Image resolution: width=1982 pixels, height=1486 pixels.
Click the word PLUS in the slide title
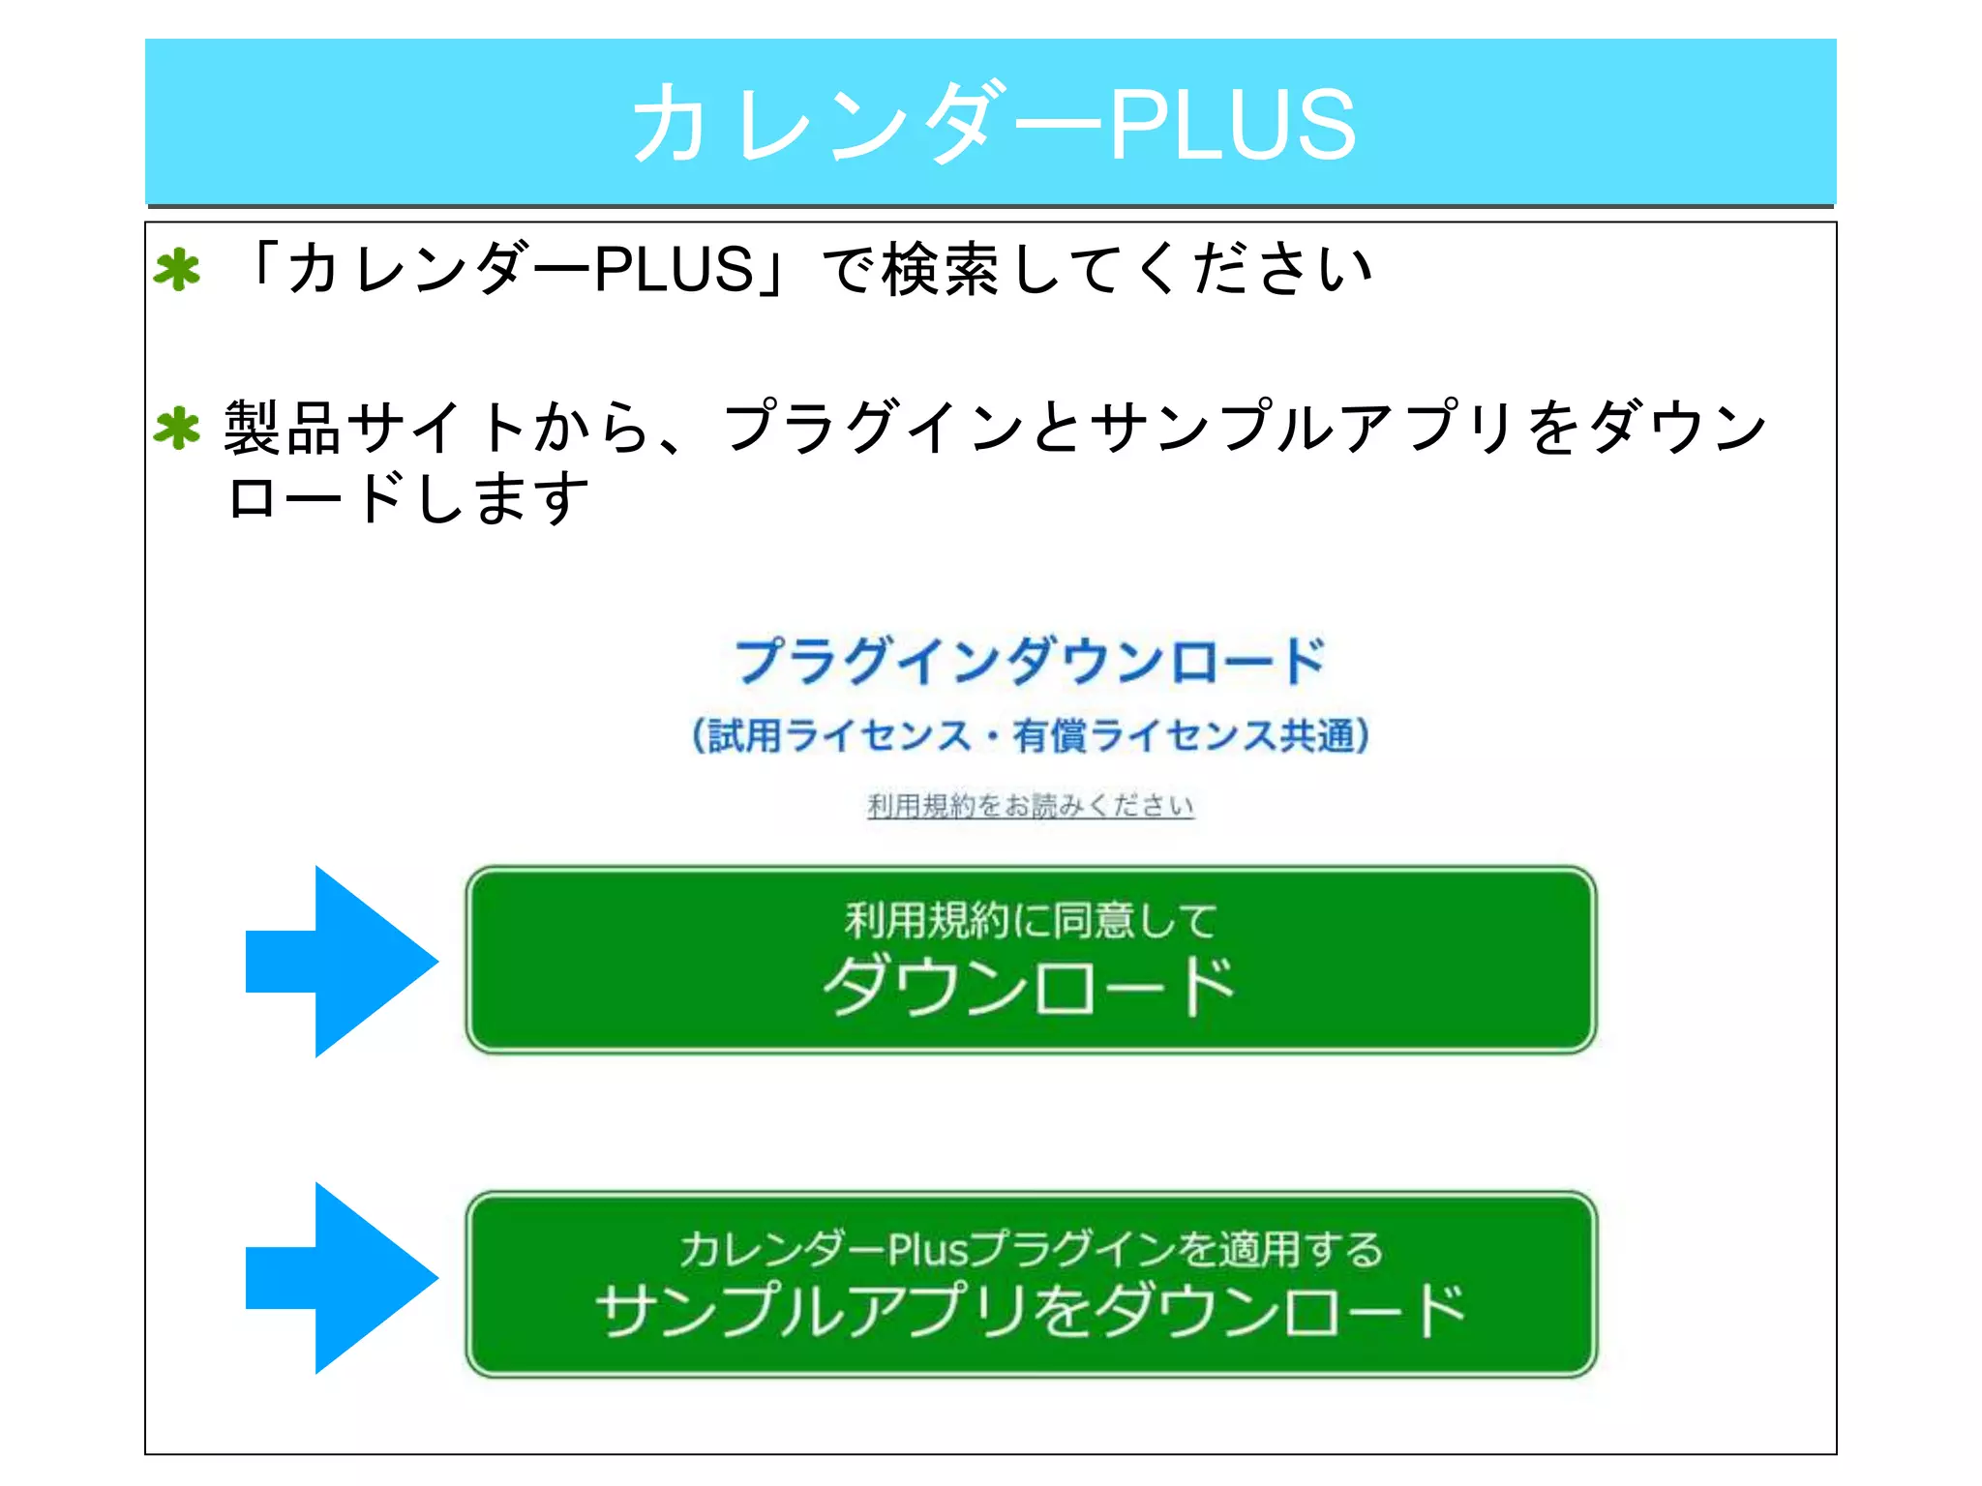[1233, 124]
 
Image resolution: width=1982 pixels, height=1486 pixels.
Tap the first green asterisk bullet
[177, 270]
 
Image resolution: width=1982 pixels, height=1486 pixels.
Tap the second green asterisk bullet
[177, 429]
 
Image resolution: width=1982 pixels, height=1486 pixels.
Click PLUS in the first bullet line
[673, 269]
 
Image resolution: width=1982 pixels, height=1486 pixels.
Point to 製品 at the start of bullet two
[283, 428]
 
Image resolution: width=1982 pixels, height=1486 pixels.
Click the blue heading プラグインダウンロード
[1030, 662]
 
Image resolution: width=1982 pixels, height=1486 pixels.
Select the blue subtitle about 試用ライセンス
[1030, 735]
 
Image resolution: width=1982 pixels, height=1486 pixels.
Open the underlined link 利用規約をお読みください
[1030, 805]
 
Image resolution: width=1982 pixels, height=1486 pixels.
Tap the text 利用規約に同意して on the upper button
[1030, 920]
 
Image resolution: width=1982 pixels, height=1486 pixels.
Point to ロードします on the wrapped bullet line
[407, 498]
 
